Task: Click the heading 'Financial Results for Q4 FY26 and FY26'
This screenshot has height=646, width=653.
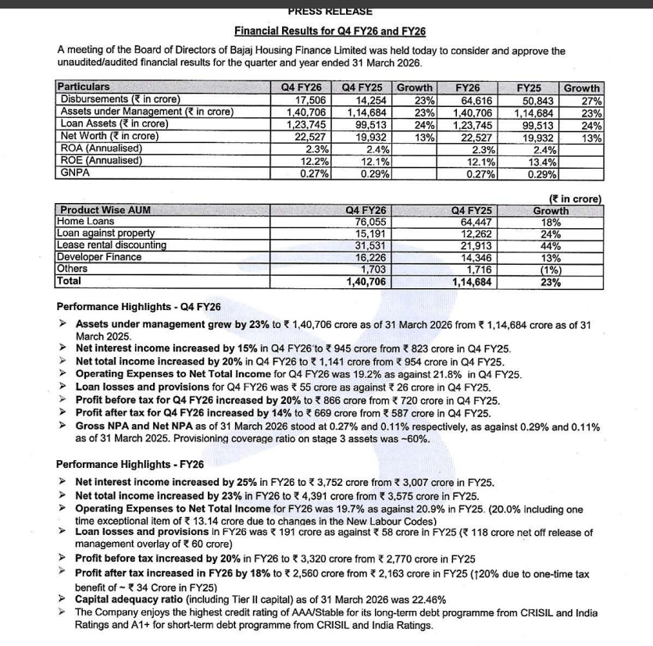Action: coord(330,31)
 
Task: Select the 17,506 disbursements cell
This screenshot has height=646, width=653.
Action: coord(309,100)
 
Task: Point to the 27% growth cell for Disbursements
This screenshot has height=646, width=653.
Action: coord(591,100)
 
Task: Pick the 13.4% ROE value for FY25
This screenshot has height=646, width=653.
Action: coord(540,161)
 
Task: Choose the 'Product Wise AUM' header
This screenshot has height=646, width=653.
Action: coord(105,209)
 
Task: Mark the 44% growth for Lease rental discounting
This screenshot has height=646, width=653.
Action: coord(551,245)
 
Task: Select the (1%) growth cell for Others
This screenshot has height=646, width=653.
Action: coord(551,269)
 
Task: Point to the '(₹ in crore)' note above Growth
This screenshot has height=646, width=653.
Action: coord(576,198)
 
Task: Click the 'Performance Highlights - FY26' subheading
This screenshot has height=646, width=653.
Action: coord(138,463)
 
